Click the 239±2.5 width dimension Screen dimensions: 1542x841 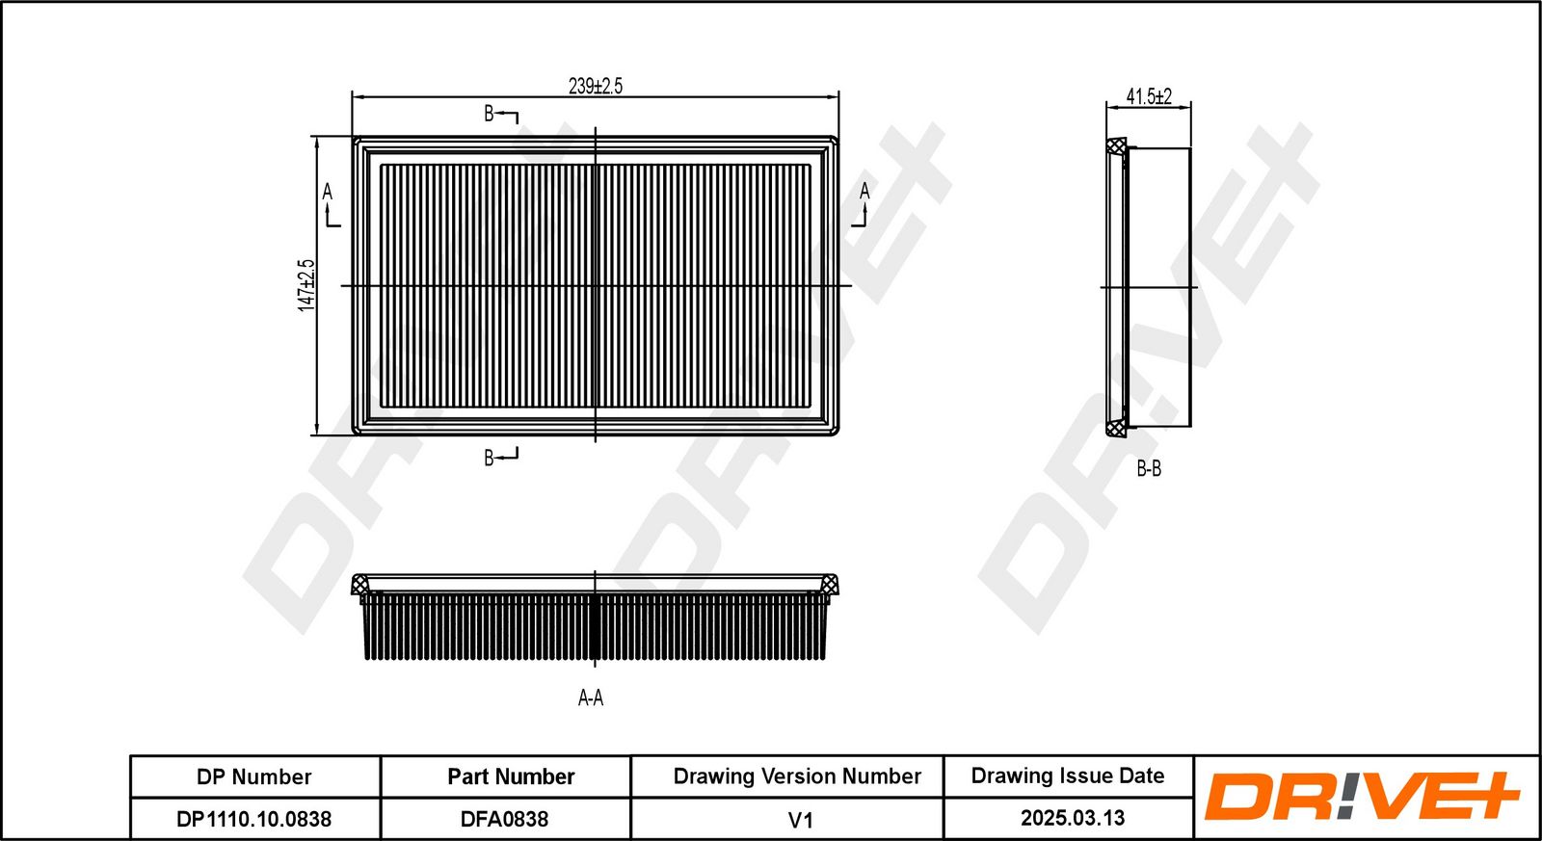click(596, 86)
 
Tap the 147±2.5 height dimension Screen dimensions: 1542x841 click(306, 285)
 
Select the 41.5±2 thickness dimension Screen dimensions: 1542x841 click(1149, 96)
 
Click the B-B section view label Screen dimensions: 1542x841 click(1149, 469)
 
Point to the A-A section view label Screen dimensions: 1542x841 click(591, 697)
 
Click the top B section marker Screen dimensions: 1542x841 click(500, 115)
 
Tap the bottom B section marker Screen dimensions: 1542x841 click(500, 457)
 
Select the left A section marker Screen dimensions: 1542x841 click(331, 204)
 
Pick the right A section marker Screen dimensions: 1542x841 click(862, 204)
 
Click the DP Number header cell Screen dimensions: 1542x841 click(254, 777)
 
